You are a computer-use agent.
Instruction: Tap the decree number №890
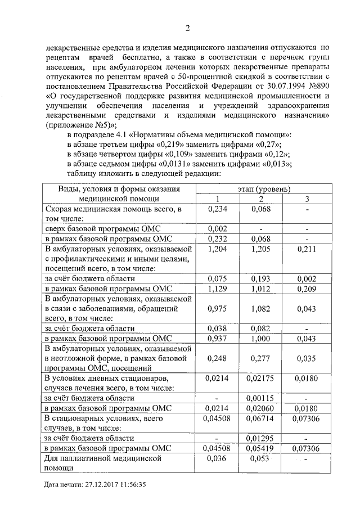[317, 85]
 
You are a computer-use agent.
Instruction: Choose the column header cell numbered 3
[307, 199]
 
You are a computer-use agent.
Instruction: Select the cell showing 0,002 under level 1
[216, 229]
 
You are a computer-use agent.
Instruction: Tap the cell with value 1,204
[216, 249]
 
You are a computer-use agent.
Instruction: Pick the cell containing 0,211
[307, 249]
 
